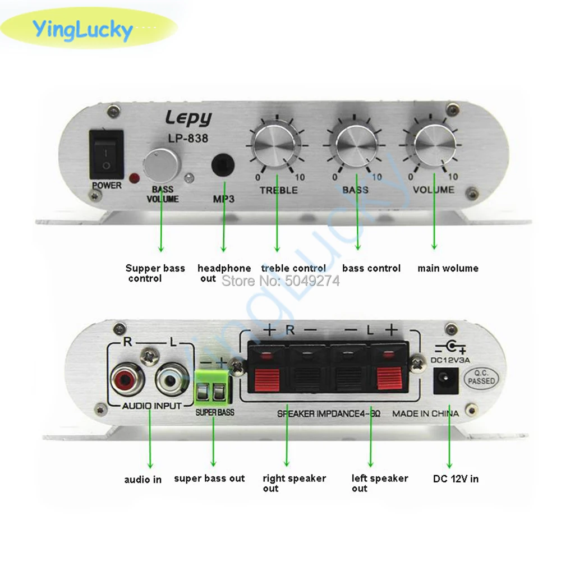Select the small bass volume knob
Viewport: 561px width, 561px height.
coord(162,163)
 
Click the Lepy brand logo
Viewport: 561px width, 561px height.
coord(188,118)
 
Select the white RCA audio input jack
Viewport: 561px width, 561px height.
coord(169,380)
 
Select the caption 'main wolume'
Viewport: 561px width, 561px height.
coord(448,268)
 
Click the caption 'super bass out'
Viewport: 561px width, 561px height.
coord(209,479)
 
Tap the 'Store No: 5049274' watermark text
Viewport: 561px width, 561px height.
coord(280,281)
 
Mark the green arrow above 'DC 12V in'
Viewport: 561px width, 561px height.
coord(449,443)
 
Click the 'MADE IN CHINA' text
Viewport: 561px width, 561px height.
coord(425,413)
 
